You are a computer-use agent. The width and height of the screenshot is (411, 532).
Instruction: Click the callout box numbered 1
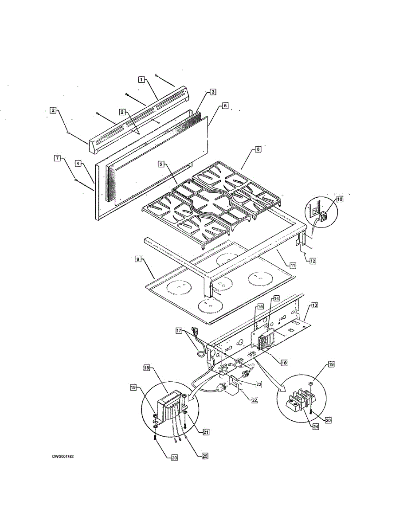141,79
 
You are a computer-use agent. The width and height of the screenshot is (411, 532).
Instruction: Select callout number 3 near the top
213,92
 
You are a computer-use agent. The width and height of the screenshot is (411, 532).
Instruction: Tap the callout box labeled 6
225,106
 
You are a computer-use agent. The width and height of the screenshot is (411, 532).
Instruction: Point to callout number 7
57,158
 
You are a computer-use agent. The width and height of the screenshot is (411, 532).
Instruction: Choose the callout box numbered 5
161,164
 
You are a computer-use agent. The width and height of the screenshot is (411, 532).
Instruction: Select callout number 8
258,149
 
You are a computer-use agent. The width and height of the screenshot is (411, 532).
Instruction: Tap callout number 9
138,259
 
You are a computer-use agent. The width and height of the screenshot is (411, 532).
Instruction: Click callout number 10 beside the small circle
340,199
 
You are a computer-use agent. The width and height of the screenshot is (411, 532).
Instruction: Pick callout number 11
293,265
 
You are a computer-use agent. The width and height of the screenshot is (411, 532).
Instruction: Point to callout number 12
313,261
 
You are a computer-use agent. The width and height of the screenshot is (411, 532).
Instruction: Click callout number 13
314,305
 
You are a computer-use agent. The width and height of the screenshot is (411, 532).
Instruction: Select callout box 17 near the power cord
179,331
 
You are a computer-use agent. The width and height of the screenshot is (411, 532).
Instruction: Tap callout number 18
147,368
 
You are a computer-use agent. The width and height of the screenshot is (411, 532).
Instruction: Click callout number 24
316,426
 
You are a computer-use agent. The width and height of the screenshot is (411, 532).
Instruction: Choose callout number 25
205,456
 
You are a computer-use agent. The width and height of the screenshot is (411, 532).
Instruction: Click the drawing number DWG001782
63,457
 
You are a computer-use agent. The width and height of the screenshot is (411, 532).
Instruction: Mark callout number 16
284,363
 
